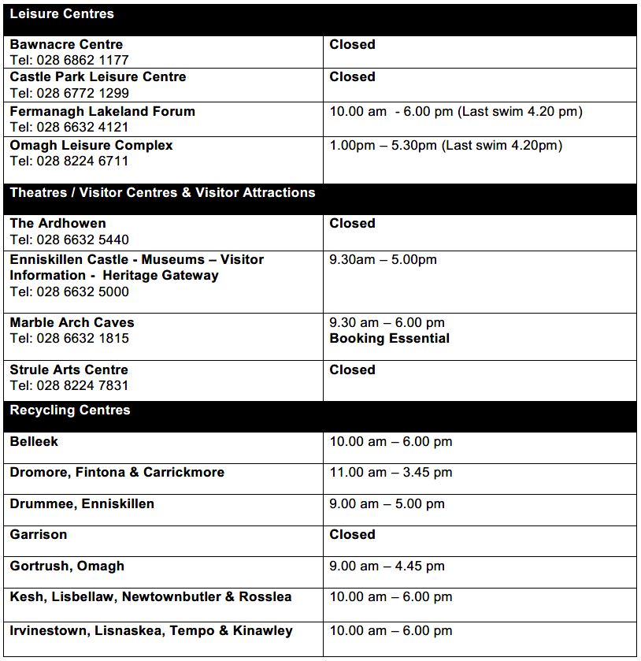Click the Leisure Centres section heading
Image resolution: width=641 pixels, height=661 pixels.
(61, 14)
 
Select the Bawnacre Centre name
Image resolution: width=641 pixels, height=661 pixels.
(66, 45)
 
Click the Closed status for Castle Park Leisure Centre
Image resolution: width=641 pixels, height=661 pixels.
(352, 77)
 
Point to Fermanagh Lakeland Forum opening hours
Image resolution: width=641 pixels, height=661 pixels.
(456, 112)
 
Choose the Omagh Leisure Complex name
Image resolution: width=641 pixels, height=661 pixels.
(91, 146)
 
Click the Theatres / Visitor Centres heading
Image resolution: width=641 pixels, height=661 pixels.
(162, 193)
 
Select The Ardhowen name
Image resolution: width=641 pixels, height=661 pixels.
(57, 224)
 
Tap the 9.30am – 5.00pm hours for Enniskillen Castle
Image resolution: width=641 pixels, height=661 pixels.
(383, 260)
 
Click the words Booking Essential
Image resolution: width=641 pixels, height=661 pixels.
(390, 339)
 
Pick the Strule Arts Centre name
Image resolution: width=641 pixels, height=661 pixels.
(69, 370)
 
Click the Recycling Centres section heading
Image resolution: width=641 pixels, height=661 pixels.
(70, 410)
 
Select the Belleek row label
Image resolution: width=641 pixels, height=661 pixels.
(34, 442)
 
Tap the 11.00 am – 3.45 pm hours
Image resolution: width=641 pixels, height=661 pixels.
(391, 473)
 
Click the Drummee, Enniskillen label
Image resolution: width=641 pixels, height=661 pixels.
(82, 504)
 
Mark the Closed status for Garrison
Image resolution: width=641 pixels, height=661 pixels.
(352, 535)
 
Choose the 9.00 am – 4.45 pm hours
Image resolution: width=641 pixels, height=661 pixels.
(387, 566)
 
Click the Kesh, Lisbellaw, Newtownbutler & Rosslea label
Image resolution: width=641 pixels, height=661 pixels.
(150, 597)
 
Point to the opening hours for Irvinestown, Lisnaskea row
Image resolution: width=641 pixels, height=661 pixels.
(391, 631)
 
